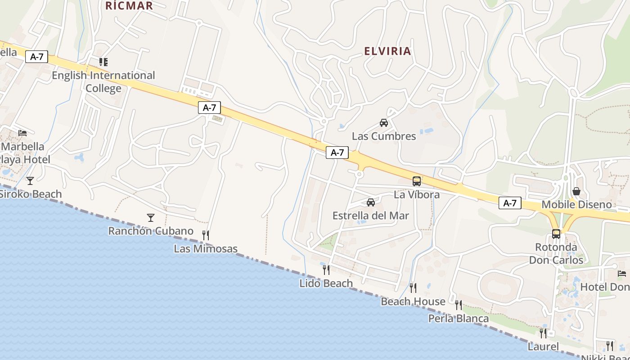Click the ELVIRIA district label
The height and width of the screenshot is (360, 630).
click(x=387, y=51)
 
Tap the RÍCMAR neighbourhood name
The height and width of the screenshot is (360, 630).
click(x=129, y=6)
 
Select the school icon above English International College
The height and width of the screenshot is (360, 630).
click(x=103, y=62)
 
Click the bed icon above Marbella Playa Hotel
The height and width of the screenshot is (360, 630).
click(x=22, y=133)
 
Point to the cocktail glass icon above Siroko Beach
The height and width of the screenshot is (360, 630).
click(x=30, y=181)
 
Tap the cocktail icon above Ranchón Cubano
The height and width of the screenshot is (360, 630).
click(x=151, y=218)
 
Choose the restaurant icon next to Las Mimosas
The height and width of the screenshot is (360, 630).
click(x=206, y=235)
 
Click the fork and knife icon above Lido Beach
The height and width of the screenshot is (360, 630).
click(x=326, y=270)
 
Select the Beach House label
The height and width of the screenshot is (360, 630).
click(x=413, y=301)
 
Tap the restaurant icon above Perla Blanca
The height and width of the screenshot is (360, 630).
click(x=459, y=305)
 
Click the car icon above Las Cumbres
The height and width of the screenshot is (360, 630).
click(x=384, y=122)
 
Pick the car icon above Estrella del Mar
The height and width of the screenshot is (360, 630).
click(x=371, y=202)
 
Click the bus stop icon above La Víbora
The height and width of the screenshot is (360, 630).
click(x=417, y=181)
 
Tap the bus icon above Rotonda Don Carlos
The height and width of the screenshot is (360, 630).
click(x=556, y=234)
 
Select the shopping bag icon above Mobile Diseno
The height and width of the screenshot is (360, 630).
click(x=576, y=192)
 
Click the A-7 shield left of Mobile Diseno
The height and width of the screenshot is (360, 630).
click(x=510, y=203)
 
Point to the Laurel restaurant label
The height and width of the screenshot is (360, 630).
click(x=543, y=347)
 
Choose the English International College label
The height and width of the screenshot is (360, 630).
click(x=103, y=81)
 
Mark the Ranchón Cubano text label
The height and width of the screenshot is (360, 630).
click(x=151, y=231)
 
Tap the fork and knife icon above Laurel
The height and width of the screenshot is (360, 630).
click(x=543, y=333)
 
